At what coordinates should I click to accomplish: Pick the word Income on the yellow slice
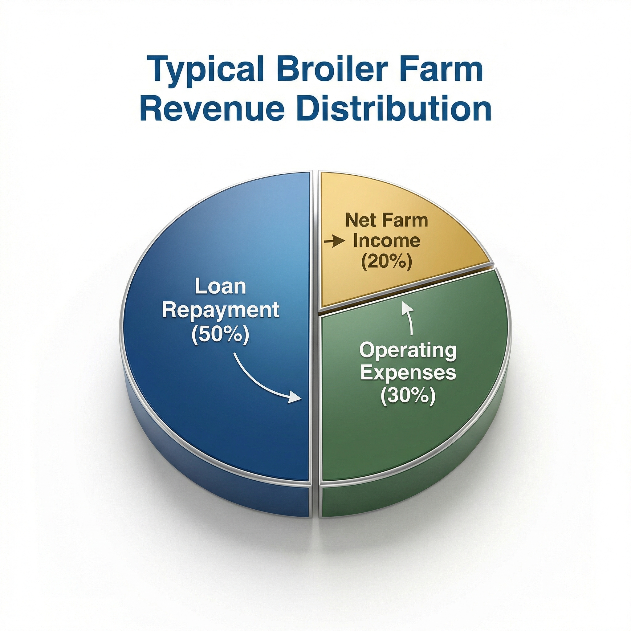pos(387,241)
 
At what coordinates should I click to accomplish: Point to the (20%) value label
pos(386,262)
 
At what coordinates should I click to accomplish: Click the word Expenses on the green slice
pos(408,373)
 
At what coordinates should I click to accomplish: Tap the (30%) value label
pos(408,396)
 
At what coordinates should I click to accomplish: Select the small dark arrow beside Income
pos(335,242)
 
